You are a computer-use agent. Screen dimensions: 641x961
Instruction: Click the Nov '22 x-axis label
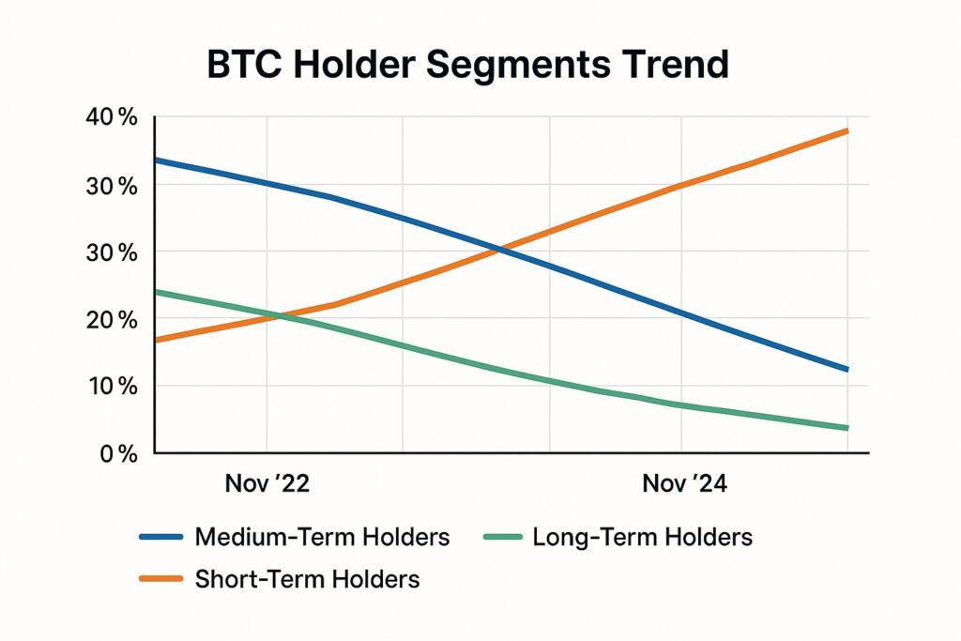(267, 484)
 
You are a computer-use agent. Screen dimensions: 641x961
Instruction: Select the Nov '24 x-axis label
(685, 484)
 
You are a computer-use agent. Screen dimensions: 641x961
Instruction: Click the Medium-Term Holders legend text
(323, 538)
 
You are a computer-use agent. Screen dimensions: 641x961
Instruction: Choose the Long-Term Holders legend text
(642, 538)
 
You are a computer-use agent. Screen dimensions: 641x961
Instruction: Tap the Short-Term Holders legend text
(307, 579)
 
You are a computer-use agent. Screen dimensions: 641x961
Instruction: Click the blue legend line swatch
(161, 538)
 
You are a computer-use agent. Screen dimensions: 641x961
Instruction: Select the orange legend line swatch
(161, 579)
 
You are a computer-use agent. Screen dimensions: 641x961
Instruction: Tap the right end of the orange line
(847, 130)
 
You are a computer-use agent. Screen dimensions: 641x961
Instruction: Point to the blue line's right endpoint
(847, 370)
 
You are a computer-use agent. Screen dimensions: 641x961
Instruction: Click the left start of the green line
(156, 292)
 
